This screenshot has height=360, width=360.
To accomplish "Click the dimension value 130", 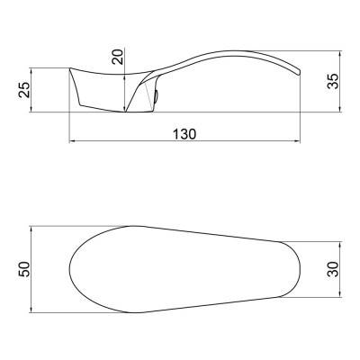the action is [184, 134].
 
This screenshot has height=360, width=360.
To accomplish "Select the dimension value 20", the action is [118, 57].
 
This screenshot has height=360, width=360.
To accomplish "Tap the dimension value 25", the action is [24, 90].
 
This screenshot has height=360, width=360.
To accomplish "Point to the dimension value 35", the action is [333, 81].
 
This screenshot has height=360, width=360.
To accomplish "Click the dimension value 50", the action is [24, 269].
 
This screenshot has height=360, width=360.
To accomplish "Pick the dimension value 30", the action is [333, 269].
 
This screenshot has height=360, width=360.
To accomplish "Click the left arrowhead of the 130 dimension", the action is [72, 140].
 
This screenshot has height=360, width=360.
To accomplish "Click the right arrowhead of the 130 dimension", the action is [297, 140].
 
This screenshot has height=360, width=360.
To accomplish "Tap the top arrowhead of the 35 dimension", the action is [339, 54].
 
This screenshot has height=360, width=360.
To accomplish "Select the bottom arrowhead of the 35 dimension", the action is [339, 109].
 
